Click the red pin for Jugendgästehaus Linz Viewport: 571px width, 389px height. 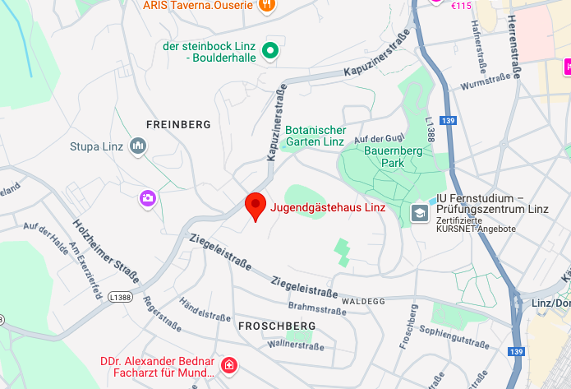[256, 206]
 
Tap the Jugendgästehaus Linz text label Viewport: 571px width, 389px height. [328, 207]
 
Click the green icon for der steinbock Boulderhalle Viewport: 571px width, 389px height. [269, 53]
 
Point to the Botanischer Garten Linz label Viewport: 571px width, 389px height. [315, 136]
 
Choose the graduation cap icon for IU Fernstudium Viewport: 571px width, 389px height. [420, 213]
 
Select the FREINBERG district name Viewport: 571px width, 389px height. [178, 125]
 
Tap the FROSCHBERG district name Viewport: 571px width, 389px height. [276, 326]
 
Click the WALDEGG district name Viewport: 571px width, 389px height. [363, 302]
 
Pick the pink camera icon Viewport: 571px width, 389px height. [148, 197]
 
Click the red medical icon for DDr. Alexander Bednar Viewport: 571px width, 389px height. [229, 364]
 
